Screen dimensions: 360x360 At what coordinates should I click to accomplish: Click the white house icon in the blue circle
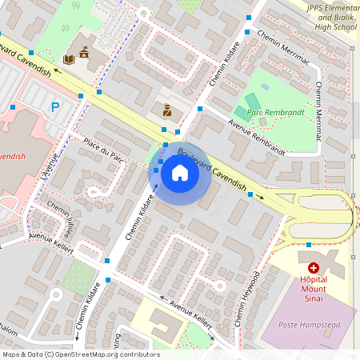click(180, 172)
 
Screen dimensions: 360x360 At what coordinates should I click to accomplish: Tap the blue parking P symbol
click(54, 106)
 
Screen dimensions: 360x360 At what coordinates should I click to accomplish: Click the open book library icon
click(69, 58)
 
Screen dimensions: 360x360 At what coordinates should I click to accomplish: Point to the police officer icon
click(166, 110)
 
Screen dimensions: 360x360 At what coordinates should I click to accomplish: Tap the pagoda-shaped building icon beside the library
click(84, 54)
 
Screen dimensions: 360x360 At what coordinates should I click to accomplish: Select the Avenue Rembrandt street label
click(256, 137)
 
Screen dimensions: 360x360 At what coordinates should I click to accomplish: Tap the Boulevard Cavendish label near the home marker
click(211, 169)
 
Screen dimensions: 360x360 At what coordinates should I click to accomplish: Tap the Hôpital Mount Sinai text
click(314, 286)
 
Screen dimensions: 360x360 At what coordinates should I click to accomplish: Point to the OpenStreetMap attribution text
click(80, 354)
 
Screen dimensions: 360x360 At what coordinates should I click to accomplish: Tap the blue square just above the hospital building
click(309, 245)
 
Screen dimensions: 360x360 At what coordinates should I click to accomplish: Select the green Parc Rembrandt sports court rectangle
click(252, 102)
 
